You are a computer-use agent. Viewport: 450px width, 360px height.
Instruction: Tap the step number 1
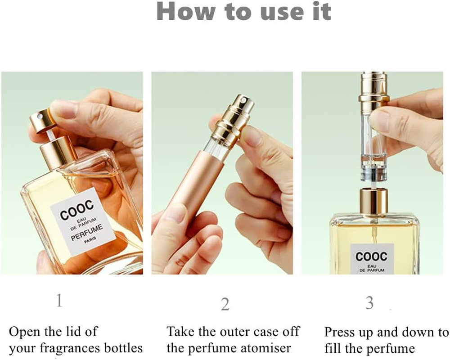point(58,301)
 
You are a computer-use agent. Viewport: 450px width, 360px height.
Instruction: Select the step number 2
point(225,304)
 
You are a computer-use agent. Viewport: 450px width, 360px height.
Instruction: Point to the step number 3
point(369,303)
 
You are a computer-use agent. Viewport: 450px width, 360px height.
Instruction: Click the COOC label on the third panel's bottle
point(371,256)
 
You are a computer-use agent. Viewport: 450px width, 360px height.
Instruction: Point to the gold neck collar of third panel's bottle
point(373,201)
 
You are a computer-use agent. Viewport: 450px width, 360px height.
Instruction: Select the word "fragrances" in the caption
point(72,348)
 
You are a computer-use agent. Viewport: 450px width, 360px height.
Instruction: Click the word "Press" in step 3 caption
point(339,332)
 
